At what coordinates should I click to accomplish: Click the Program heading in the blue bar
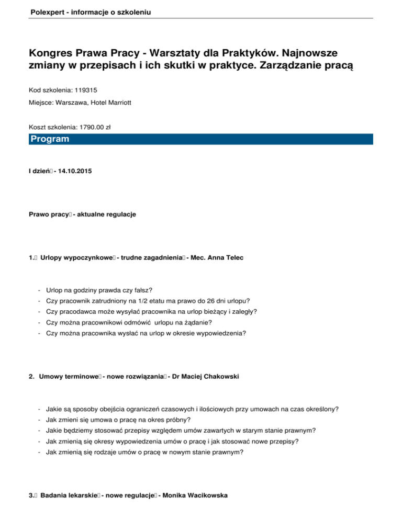pyautogui.click(x=49, y=139)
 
